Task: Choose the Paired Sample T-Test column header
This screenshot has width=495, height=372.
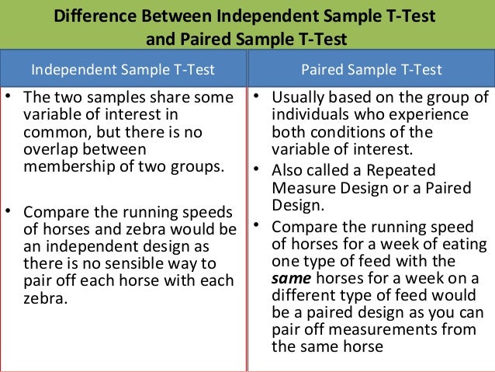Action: pos(372,70)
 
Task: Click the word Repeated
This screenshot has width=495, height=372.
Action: pos(404,170)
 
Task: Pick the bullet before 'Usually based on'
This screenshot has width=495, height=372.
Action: pos(256,97)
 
